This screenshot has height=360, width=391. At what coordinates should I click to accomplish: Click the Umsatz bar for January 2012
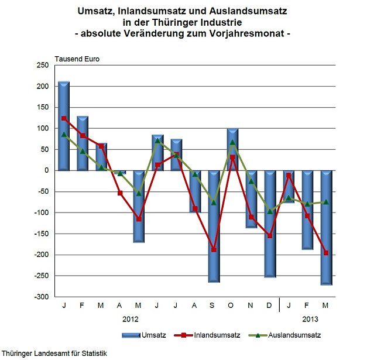coord(64,126)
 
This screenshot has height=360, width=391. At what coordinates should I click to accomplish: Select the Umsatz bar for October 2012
coord(232,149)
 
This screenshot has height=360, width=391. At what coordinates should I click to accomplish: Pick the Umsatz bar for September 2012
coord(214,226)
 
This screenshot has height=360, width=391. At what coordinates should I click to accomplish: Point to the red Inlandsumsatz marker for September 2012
coord(214,250)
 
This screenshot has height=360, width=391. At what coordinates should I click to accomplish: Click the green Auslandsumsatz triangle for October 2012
coord(232,142)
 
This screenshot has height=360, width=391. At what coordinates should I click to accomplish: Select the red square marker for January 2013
coord(289,176)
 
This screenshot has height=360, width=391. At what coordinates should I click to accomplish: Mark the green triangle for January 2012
coord(64,135)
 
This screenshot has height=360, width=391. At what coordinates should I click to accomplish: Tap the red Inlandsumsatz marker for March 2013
coord(326,253)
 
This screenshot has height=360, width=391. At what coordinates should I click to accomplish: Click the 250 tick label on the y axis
coord(42,66)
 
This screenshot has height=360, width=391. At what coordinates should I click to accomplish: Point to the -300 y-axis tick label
coord(41,297)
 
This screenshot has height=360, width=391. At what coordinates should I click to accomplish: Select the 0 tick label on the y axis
coord(46,170)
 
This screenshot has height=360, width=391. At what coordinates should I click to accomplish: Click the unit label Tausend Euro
coord(77,59)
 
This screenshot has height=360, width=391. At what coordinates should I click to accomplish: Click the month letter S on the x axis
coord(214,306)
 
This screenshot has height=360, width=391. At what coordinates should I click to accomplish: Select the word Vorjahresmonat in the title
coord(246,33)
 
